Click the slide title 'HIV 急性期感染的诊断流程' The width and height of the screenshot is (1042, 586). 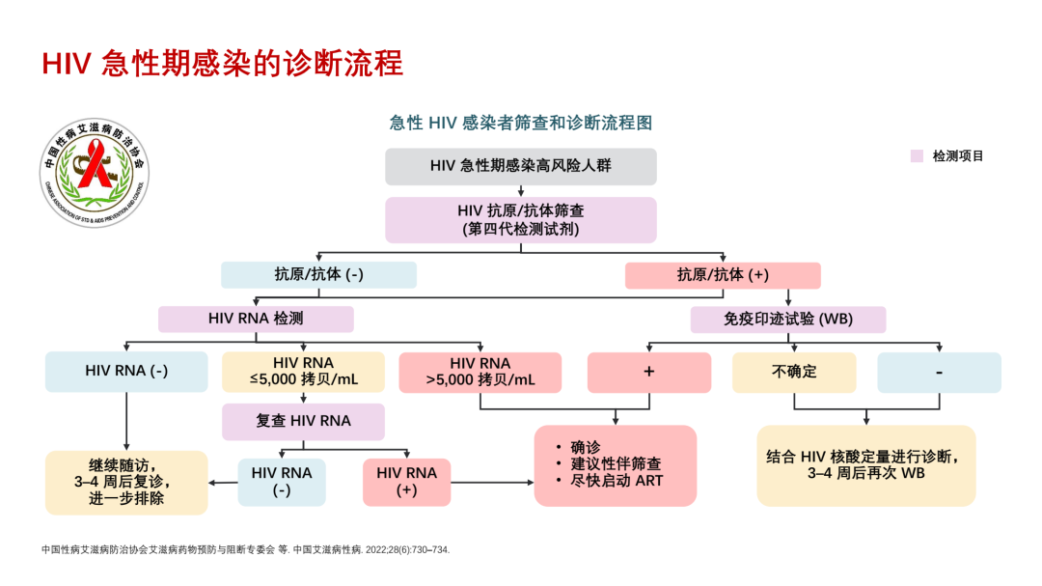pyautogui.click(x=222, y=63)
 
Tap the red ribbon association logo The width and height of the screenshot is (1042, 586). pyautogui.click(x=96, y=175)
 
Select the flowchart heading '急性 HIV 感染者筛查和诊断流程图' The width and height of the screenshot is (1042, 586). pyautogui.click(x=521, y=123)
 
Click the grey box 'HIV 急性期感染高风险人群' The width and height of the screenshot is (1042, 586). pyautogui.click(x=521, y=166)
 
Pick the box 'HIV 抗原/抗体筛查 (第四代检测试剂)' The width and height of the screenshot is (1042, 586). pyautogui.click(x=521, y=220)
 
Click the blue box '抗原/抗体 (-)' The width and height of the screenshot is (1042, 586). pyautogui.click(x=318, y=275)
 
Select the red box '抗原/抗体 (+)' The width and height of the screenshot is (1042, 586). pyautogui.click(x=723, y=275)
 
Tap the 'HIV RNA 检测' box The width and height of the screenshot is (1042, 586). pyautogui.click(x=256, y=319)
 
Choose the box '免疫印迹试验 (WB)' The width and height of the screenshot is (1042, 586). pyautogui.click(x=788, y=320)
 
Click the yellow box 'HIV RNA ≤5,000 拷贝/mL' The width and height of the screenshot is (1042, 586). pyautogui.click(x=304, y=372)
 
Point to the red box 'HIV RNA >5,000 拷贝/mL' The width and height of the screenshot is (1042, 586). pyautogui.click(x=480, y=372)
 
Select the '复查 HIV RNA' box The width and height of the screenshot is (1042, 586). pyautogui.click(x=304, y=422)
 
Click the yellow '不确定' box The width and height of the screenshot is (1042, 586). pyautogui.click(x=794, y=372)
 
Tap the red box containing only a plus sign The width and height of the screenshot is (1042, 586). pyautogui.click(x=649, y=372)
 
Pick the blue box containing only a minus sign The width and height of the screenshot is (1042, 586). pyautogui.click(x=939, y=372)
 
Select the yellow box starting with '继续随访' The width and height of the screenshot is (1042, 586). pyautogui.click(x=126, y=482)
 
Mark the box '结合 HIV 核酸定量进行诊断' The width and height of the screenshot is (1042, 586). pyautogui.click(x=865, y=465)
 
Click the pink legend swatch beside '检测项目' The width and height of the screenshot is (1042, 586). pyautogui.click(x=918, y=155)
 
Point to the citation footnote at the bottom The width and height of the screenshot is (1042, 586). pyautogui.click(x=246, y=549)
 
